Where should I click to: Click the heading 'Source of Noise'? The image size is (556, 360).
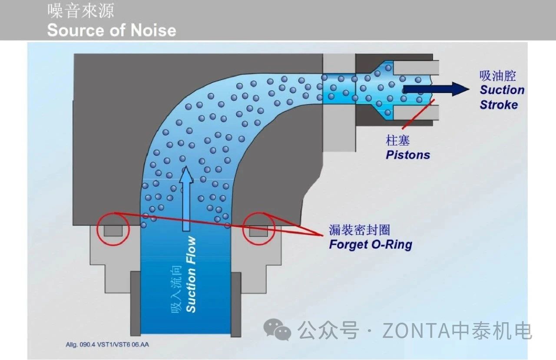click(x=112, y=30)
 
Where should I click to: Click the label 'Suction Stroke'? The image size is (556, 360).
click(x=502, y=97)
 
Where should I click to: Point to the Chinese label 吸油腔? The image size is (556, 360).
click(x=498, y=76)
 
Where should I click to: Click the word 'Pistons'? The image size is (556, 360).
click(x=408, y=155)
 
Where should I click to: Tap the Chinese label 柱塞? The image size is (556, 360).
click(x=397, y=140)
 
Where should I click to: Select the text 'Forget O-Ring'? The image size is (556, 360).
click(x=370, y=244)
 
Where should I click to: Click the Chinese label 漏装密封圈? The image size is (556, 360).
click(x=359, y=229)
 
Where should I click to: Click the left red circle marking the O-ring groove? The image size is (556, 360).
click(x=113, y=229)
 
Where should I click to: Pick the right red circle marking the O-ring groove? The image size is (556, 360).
click(x=259, y=229)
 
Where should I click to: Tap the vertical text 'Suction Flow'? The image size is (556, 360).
click(x=191, y=274)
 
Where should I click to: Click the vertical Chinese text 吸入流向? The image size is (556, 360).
click(x=175, y=287)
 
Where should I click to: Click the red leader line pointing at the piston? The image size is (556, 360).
click(x=418, y=114)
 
